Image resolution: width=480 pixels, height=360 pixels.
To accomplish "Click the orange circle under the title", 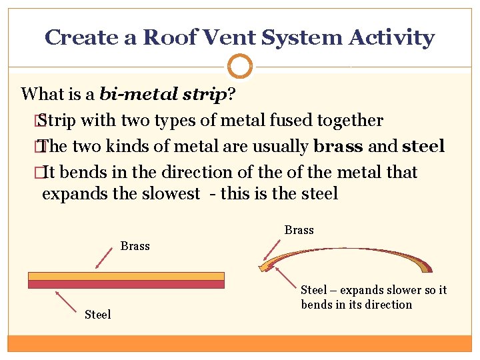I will pyautogui.click(x=240, y=67).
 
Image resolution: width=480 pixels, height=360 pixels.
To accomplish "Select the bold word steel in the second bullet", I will pyautogui.click(x=423, y=147).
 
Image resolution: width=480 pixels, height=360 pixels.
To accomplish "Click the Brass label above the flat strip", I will pyautogui.click(x=135, y=246).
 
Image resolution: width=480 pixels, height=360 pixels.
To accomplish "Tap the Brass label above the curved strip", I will pyautogui.click(x=299, y=230).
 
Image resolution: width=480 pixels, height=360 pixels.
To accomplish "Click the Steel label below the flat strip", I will pyautogui.click(x=97, y=314).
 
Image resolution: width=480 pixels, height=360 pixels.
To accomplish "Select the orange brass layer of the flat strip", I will pyautogui.click(x=126, y=276).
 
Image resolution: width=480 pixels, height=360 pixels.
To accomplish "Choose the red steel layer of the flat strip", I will pyautogui.click(x=126, y=284).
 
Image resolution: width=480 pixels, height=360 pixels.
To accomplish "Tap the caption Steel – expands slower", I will pyautogui.click(x=373, y=297).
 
